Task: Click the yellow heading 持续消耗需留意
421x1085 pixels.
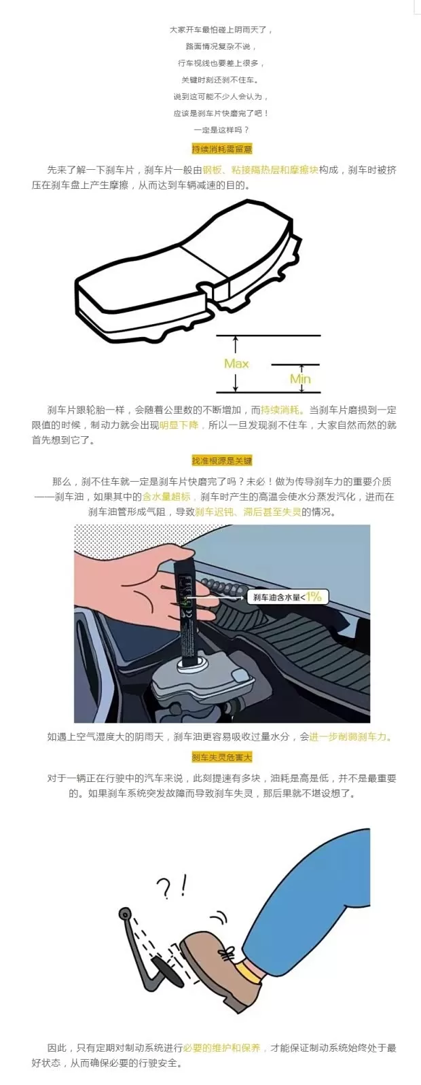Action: [221, 149]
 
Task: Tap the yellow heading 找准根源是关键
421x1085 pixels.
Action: [221, 461]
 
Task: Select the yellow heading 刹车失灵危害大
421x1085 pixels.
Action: [221, 757]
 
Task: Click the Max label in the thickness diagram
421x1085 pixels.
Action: [236, 363]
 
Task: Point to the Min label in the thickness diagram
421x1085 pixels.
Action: [299, 378]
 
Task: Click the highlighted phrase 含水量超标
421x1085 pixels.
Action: [166, 497]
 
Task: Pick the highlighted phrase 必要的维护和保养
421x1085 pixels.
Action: [221, 1048]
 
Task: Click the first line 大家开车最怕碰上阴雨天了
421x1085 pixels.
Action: [221, 30]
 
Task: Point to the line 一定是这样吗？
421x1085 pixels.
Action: [221, 130]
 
